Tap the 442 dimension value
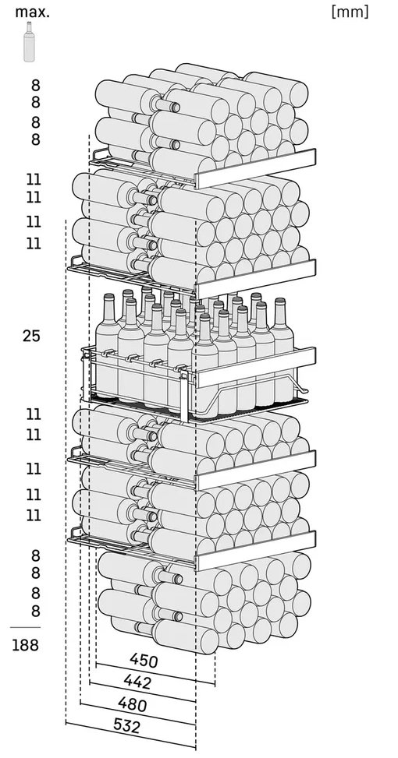point(137,682)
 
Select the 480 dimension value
point(132,704)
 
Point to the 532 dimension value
point(127,726)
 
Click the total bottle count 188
point(25,645)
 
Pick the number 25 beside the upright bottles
point(31,336)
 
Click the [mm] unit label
point(350,12)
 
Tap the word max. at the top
point(33,12)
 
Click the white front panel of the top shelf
point(255,168)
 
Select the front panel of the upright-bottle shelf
point(255,367)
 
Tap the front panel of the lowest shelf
point(255,551)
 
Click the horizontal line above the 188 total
point(25,627)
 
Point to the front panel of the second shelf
point(255,279)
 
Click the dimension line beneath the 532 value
point(131,735)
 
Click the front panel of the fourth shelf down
point(255,470)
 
